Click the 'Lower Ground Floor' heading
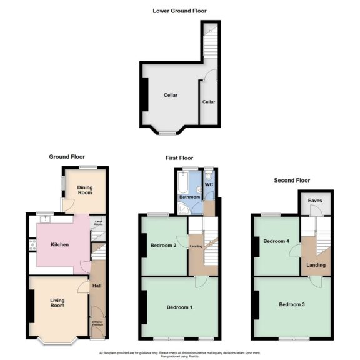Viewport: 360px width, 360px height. point(179,11)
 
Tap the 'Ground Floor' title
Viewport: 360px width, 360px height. point(67,157)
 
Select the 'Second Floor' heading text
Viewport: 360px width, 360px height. point(292,180)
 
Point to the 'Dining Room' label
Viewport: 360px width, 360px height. point(84,190)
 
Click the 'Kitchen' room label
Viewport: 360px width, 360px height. point(59,244)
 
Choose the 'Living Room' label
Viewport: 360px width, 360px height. point(57,303)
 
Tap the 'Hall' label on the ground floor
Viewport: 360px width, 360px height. point(97,287)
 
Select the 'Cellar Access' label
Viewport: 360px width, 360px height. point(98,221)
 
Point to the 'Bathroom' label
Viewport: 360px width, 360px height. point(190,197)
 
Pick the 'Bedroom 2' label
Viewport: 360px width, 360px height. point(162,245)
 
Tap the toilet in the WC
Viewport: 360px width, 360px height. point(209,171)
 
